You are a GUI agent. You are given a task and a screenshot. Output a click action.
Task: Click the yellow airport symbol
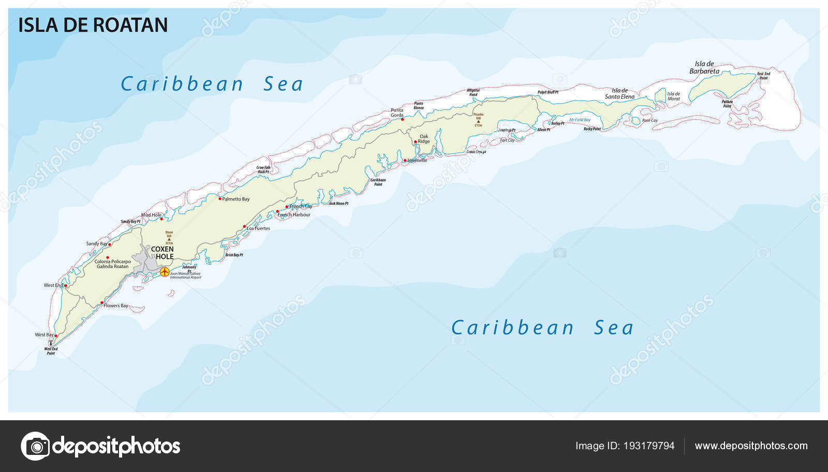(x=165, y=272)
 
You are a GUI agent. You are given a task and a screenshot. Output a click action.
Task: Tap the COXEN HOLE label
(x=162, y=253)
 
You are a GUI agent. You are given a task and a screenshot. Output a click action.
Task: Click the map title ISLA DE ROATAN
(x=93, y=25)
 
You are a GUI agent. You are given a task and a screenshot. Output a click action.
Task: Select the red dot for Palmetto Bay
(x=220, y=199)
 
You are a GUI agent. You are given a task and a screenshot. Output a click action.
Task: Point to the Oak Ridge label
(x=424, y=139)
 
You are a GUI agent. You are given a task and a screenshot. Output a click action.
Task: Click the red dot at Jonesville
(x=405, y=160)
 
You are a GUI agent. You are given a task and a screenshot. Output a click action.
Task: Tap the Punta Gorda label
(x=397, y=113)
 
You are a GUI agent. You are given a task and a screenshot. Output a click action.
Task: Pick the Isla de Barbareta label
(x=704, y=67)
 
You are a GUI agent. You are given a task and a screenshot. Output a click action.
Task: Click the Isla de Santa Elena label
(x=619, y=94)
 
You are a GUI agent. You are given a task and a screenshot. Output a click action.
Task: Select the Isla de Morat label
(x=673, y=96)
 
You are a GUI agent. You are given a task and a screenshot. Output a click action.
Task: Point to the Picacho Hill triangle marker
(x=478, y=122)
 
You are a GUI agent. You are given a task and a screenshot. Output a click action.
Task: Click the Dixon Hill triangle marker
(x=169, y=240)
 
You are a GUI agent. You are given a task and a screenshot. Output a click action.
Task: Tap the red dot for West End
(x=66, y=285)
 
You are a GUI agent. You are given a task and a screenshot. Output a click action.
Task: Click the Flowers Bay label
(x=116, y=306)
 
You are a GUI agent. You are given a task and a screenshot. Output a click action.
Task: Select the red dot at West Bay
(x=56, y=336)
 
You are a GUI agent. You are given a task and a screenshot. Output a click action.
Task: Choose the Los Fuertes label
(x=258, y=228)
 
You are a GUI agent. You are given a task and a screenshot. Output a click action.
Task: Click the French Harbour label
(x=294, y=215)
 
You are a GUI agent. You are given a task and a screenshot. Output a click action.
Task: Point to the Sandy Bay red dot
(x=110, y=244)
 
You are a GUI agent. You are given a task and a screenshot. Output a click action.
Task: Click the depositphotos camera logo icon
(x=36, y=446)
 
